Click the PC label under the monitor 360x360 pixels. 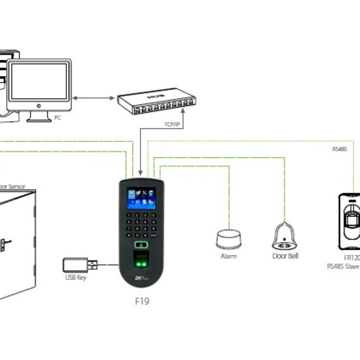tap(57, 117)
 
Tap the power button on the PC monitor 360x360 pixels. tap(39, 106)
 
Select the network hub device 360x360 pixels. tap(157, 101)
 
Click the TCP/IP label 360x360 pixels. tap(172, 124)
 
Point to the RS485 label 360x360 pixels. tap(339, 149)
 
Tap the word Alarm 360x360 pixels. tap(229, 256)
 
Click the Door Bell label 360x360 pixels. tap(285, 256)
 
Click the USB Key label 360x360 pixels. tap(76, 278)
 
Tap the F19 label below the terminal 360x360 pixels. tap(142, 301)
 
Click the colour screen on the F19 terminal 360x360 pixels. tap(141, 199)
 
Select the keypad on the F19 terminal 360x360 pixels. tap(141, 225)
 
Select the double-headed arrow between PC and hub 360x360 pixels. tap(93, 98)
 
